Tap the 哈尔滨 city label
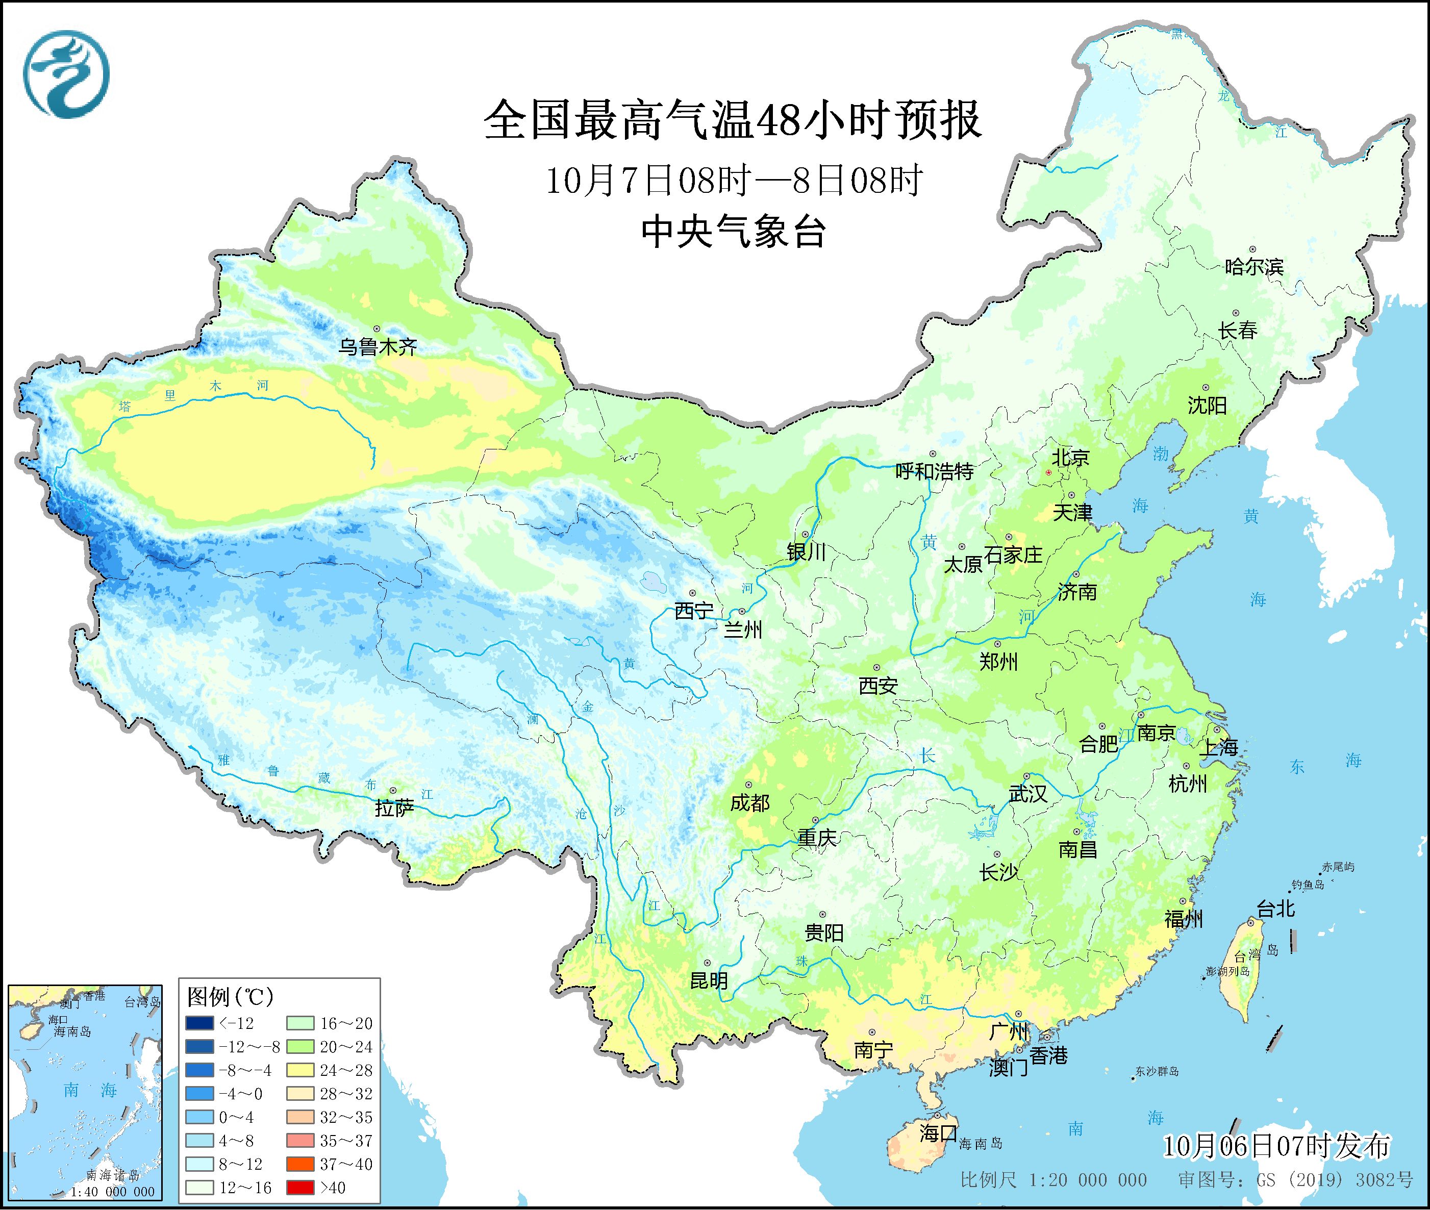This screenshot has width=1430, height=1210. pyautogui.click(x=1253, y=266)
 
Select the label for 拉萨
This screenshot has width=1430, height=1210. pyautogui.click(x=394, y=808)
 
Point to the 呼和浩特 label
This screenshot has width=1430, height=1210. pyautogui.click(x=934, y=471)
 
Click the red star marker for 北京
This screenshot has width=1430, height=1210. pyautogui.click(x=1048, y=472)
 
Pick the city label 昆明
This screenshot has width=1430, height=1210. pyautogui.click(x=709, y=980)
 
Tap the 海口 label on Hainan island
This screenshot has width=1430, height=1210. pyautogui.click(x=938, y=1133)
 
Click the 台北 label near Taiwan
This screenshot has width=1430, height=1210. pyautogui.click(x=1276, y=910)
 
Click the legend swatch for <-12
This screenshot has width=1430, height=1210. pyautogui.click(x=198, y=1023)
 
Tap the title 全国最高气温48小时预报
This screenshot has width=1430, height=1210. pyautogui.click(x=733, y=121)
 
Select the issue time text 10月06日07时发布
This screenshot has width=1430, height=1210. pyautogui.click(x=1276, y=1146)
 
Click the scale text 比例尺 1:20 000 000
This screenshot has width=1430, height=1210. pyautogui.click(x=1053, y=1180)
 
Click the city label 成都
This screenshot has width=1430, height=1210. pyautogui.click(x=749, y=802)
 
